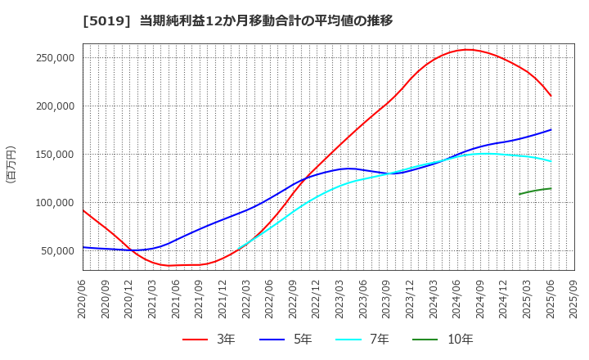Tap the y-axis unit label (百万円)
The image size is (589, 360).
click(x=11, y=164)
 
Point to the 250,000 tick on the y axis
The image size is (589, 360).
click(x=52, y=58)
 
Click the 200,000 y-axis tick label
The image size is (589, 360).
click(x=52, y=106)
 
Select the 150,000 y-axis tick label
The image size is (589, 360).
click(x=52, y=155)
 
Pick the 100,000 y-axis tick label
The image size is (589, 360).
click(x=52, y=203)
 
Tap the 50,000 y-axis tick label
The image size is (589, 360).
click(x=56, y=251)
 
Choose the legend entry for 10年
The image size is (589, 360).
click(x=447, y=339)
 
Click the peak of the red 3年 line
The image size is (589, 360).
click(x=467, y=49)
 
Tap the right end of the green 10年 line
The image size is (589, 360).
click(x=551, y=188)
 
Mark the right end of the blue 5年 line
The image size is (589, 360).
click(x=551, y=129)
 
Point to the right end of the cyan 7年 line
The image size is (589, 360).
click(x=551, y=160)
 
